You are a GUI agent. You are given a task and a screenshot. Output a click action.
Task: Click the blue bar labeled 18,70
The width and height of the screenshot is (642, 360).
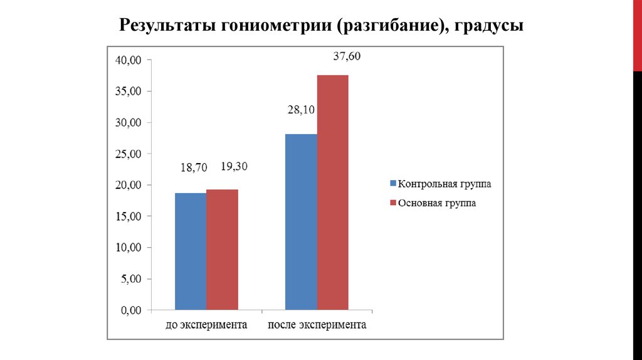(191, 251)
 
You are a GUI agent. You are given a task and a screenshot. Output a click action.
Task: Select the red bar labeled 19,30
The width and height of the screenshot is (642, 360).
(222, 249)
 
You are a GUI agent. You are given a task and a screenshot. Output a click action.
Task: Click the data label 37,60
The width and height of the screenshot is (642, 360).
(347, 56)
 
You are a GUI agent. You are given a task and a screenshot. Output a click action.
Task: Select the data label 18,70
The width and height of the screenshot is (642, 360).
(191, 167)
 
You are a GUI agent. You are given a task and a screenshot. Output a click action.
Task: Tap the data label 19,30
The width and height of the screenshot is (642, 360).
(235, 167)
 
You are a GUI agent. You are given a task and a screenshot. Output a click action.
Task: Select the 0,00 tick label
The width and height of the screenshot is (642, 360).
(131, 310)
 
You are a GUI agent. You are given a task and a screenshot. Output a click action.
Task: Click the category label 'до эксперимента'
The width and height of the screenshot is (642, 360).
(206, 326)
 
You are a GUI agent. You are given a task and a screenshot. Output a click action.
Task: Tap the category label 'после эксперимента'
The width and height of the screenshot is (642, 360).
(317, 326)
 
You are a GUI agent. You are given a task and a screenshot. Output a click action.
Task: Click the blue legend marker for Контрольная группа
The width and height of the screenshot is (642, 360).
(393, 184)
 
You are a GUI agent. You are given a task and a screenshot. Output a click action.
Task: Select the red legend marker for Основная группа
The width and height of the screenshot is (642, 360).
(393, 203)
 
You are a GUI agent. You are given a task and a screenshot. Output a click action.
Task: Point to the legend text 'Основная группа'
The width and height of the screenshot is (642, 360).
(437, 203)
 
